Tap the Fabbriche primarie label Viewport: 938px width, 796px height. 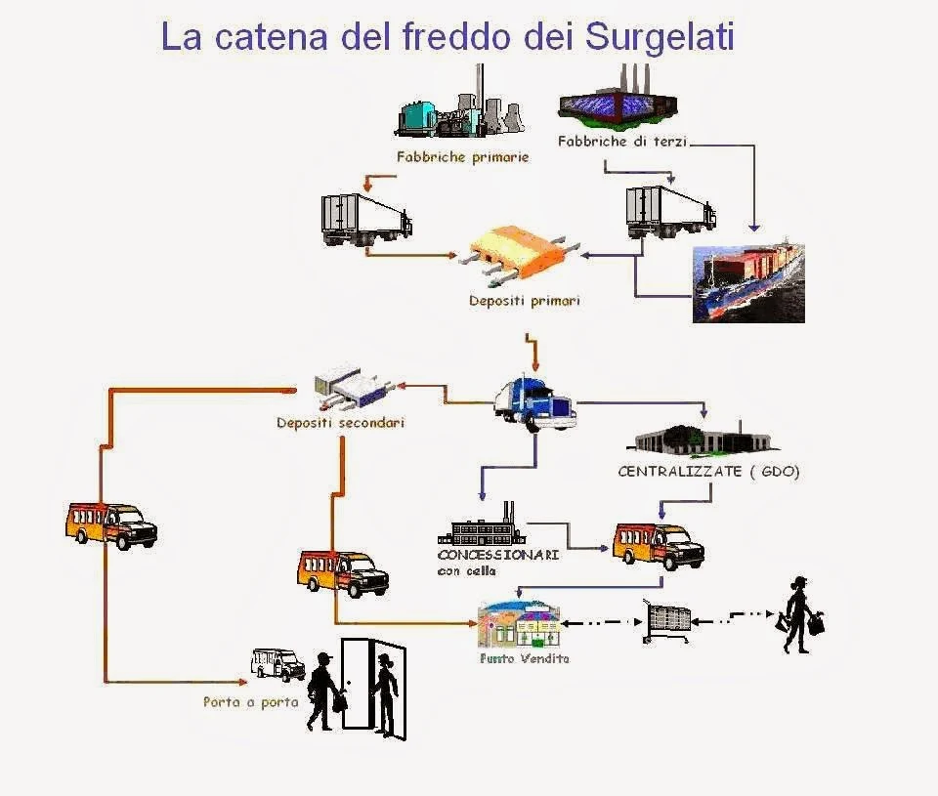pyautogui.click(x=462, y=156)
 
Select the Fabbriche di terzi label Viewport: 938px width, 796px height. pyautogui.click(x=622, y=142)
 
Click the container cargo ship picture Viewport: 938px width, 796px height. pyautogui.click(x=748, y=283)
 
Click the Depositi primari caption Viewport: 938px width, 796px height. pyautogui.click(x=524, y=301)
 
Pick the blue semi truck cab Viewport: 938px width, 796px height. pyautogui.click(x=534, y=401)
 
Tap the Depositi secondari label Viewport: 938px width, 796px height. pyautogui.click(x=340, y=424)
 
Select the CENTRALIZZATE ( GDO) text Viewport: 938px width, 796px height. pyautogui.click(x=708, y=472)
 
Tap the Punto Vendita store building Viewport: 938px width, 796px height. pyautogui.click(x=519, y=626)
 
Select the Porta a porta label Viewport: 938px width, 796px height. pyautogui.click(x=250, y=701)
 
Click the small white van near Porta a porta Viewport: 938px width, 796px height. pyautogui.click(x=277, y=663)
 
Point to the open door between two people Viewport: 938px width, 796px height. pyautogui.click(x=357, y=684)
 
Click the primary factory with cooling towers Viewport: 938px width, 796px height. pyautogui.click(x=458, y=110)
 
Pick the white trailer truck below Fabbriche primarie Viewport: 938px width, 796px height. pyautogui.click(x=365, y=219)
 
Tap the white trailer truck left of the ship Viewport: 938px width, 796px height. pyautogui.click(x=669, y=212)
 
